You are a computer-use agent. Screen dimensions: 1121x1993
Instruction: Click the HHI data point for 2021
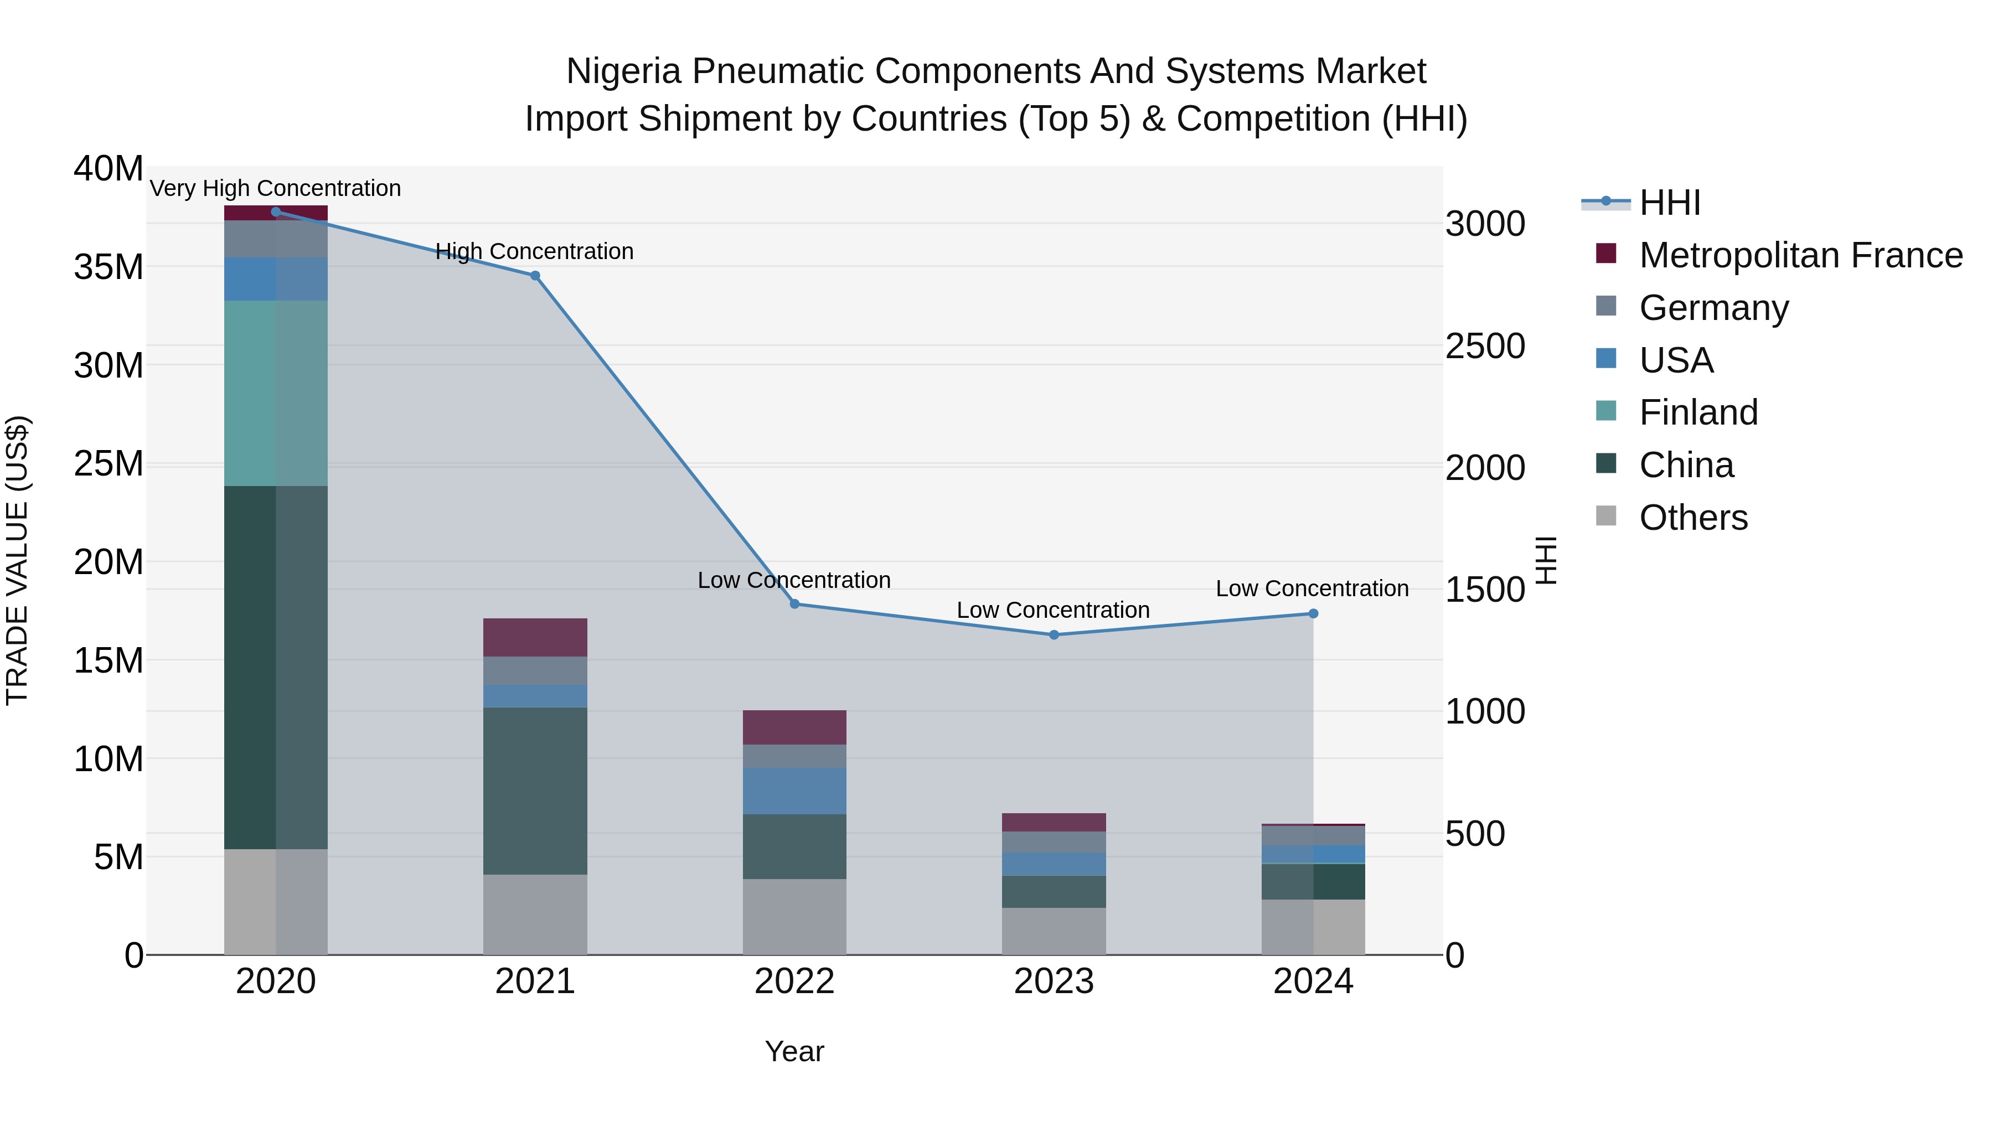[x=535, y=276]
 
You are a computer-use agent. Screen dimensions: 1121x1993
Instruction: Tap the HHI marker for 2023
[x=1054, y=634]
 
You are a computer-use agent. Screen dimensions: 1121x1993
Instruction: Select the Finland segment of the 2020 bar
[x=276, y=393]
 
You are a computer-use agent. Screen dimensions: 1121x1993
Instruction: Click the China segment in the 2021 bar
[x=535, y=791]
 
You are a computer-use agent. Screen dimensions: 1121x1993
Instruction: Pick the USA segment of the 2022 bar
[x=794, y=791]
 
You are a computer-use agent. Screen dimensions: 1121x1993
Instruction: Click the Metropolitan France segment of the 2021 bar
[x=535, y=638]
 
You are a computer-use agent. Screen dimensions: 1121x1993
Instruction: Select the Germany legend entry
[x=1713, y=308]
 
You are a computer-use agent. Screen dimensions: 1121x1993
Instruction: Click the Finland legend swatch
[x=1606, y=411]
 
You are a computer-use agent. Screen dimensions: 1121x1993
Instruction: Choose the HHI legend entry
[x=1670, y=203]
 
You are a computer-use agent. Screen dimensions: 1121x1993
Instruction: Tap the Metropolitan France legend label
[x=1800, y=255]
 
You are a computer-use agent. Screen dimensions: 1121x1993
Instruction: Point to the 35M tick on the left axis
[x=109, y=267]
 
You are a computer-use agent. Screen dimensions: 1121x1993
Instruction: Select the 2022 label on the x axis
[x=794, y=981]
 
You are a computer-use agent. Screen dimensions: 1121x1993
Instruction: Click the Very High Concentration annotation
[x=276, y=188]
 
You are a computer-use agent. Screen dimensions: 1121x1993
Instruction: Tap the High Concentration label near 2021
[x=535, y=251]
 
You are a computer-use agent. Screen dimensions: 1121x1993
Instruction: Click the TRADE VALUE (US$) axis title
[x=17, y=560]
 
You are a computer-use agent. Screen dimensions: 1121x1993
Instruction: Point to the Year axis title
[x=794, y=1051]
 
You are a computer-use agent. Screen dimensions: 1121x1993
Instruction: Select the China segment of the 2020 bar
[x=276, y=667]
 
